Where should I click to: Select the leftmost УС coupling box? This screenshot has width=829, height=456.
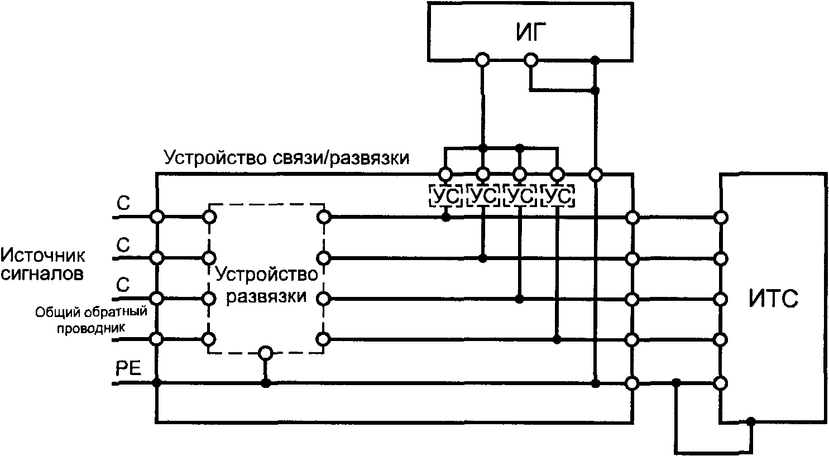click(445, 195)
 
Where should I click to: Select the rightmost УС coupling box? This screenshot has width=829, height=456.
click(557, 195)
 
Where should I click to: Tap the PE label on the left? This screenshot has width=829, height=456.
click(128, 369)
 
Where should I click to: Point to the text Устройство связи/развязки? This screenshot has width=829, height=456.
click(286, 159)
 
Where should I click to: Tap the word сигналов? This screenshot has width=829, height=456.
click(43, 274)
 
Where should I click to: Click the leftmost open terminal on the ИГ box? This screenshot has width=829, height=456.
click(482, 59)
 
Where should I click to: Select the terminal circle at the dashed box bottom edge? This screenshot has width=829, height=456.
click(266, 353)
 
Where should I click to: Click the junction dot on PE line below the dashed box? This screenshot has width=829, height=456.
click(266, 383)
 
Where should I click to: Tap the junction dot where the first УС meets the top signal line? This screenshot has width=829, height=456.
click(445, 217)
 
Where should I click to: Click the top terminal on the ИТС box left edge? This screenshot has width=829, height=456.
click(721, 217)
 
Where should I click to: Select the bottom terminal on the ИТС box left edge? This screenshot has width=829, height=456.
click(721, 383)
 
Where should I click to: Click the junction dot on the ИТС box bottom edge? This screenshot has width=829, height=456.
click(751, 421)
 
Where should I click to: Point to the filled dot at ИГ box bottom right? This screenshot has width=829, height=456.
click(596, 59)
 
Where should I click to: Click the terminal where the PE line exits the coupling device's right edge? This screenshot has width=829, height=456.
click(632, 383)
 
